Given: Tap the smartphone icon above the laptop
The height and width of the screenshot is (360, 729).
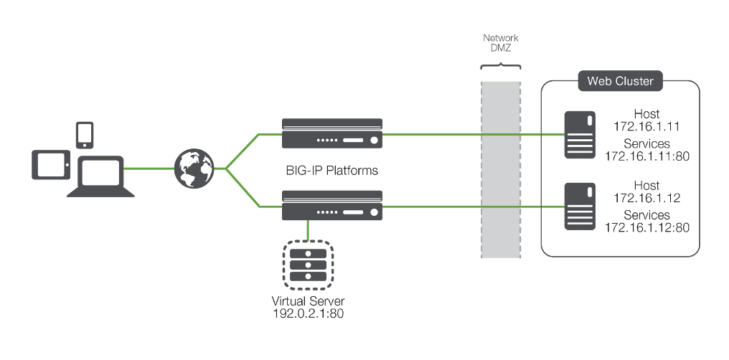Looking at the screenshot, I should click(x=85, y=133).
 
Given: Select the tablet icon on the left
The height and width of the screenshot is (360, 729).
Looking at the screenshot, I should click(x=51, y=165).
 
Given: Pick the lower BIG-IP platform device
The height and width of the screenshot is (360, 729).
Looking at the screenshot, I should click(x=332, y=206).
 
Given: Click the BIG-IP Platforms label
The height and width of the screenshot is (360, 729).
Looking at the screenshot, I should click(x=331, y=171).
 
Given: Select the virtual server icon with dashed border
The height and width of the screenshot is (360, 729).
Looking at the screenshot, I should click(x=308, y=265).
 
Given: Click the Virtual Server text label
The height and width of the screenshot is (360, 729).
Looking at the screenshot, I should click(x=307, y=301).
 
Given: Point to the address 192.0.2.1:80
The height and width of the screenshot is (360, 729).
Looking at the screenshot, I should click(x=307, y=314).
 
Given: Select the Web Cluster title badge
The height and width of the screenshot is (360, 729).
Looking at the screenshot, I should click(x=620, y=81).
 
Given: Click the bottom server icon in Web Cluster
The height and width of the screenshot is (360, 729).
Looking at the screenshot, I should click(x=579, y=206).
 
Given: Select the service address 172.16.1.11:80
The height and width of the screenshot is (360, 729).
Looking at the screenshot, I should click(x=647, y=156).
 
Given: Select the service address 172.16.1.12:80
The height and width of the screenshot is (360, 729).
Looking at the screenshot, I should click(x=647, y=227).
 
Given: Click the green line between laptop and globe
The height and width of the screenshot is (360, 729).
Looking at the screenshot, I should click(x=148, y=169).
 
